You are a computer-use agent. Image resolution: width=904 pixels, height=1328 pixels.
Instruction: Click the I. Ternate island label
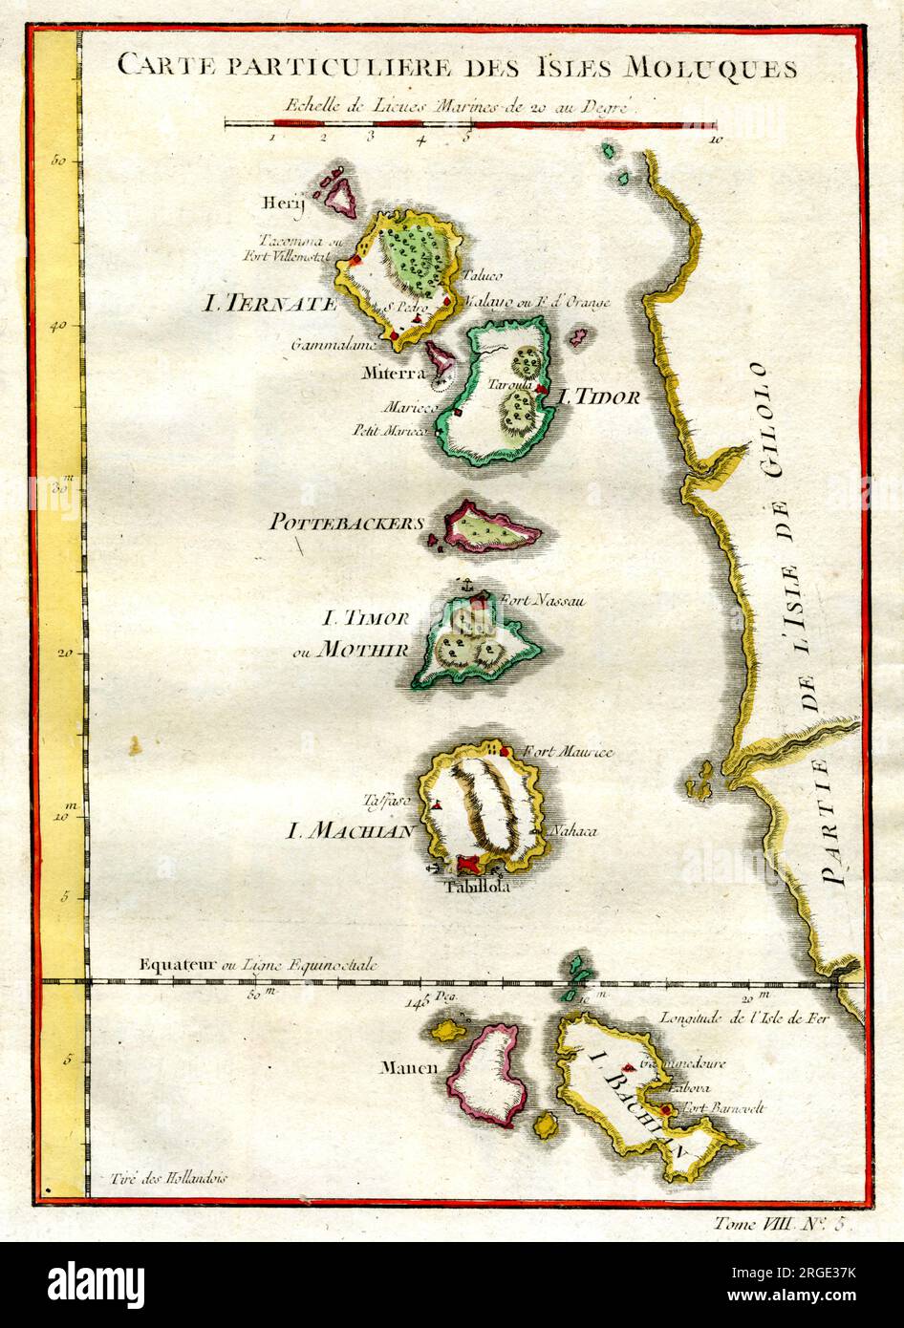pyautogui.click(x=269, y=305)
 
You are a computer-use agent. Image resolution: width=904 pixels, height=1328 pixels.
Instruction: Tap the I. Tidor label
pyautogui.click(x=598, y=396)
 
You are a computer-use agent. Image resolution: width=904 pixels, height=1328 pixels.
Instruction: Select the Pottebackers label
pyautogui.click(x=345, y=523)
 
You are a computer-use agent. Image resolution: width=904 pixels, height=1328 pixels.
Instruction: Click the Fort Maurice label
pyautogui.click(x=568, y=753)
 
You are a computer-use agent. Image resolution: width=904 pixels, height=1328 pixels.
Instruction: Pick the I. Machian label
pyautogui.click(x=351, y=831)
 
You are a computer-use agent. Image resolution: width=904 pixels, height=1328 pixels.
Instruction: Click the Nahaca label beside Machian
pyautogui.click(x=572, y=831)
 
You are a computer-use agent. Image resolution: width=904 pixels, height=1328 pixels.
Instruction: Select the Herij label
pyautogui.click(x=280, y=203)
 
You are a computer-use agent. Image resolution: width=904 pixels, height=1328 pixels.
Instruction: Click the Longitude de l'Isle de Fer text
pyautogui.click(x=746, y=1018)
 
